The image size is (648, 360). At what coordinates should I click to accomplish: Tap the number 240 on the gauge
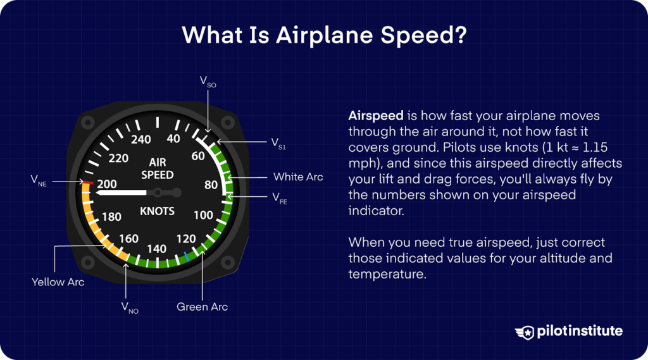click(x=140, y=139)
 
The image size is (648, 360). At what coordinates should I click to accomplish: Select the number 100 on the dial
click(x=203, y=215)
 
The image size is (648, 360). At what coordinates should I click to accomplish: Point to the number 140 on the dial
click(x=156, y=249)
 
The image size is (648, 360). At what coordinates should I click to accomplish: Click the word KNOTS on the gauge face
click(x=157, y=211)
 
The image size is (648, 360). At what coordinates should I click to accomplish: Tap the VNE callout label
click(x=39, y=180)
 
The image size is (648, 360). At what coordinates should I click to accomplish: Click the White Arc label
click(x=298, y=177)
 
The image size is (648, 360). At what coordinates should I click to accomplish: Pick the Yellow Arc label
click(x=58, y=282)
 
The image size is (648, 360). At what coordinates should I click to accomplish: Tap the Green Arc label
click(x=202, y=307)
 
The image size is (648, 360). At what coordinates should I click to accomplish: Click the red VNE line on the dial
click(x=88, y=182)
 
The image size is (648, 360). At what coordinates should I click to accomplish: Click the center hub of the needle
click(x=175, y=192)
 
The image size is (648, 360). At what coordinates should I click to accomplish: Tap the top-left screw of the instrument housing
click(x=89, y=121)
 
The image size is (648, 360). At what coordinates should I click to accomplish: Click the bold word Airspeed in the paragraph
click(x=376, y=117)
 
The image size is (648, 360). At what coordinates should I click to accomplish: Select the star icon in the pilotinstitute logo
click(x=526, y=332)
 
